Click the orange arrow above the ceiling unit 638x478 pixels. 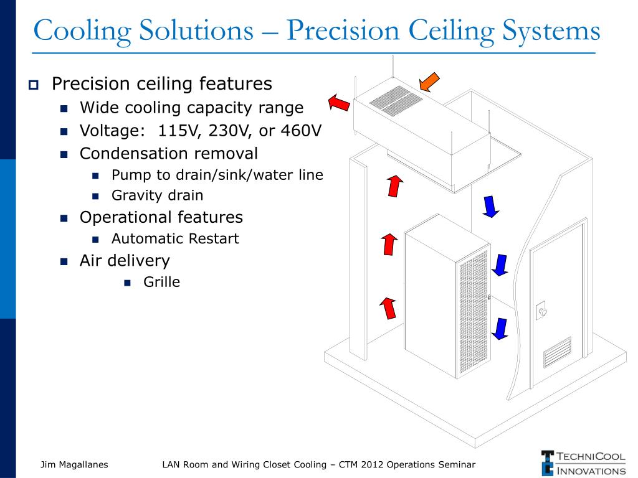[429, 82]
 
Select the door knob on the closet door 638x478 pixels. [542, 311]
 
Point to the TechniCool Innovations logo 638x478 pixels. [583, 463]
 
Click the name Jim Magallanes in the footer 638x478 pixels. [74, 464]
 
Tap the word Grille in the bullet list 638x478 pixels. [161, 282]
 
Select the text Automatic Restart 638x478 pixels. [175, 238]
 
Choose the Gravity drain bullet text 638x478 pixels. [157, 195]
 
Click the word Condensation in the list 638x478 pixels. [129, 153]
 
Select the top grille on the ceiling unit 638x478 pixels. [393, 101]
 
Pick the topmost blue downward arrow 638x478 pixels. [491, 206]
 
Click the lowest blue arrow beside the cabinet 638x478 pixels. [500, 328]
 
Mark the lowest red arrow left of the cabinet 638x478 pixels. [389, 307]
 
